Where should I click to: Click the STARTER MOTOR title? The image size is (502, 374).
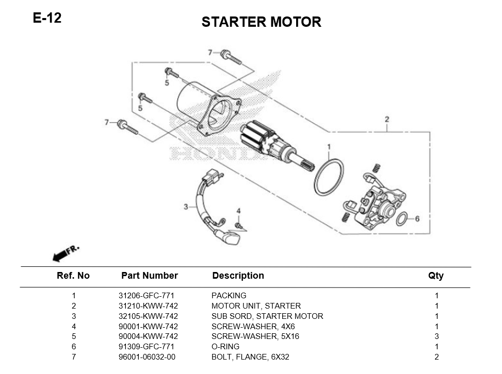261,22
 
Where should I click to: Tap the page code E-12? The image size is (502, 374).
47,18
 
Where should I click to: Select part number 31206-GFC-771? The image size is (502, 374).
146,296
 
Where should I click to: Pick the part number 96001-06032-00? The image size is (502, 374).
147,356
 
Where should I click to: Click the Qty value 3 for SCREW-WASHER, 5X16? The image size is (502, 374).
436,336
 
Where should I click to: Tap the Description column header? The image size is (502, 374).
238,276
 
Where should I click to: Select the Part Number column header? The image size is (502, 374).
149,276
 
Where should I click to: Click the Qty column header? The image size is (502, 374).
435,276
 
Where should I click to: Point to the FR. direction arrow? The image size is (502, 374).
66,253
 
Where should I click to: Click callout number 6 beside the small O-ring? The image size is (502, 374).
417,219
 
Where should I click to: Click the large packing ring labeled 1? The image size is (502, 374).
328,177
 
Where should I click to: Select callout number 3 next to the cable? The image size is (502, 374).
186,207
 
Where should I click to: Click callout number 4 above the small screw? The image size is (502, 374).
238,211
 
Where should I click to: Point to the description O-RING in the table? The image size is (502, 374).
225,347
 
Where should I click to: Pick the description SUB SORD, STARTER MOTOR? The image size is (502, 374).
267,316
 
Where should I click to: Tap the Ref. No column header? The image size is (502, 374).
73,276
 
